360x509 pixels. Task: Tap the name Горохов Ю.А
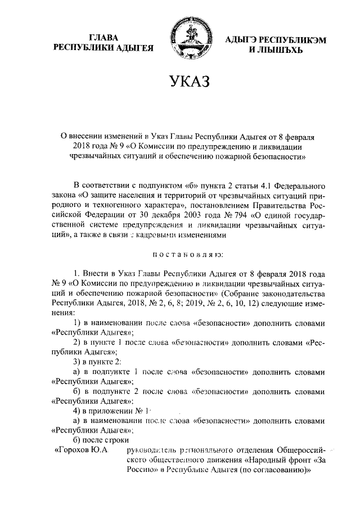point(82,451)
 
